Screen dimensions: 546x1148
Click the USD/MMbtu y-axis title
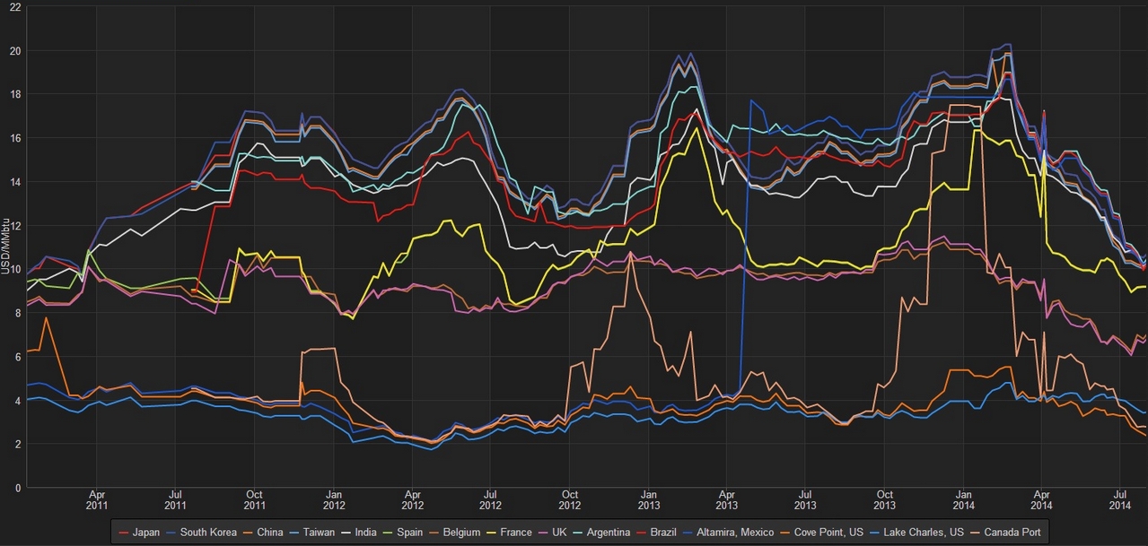(6, 246)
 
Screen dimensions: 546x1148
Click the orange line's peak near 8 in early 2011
(46, 318)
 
